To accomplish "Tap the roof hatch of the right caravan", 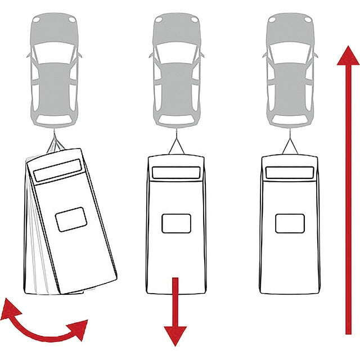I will (290, 223).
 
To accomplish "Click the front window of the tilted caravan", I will (57, 170).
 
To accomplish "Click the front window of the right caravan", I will (290, 173).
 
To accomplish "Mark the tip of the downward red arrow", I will (175, 344).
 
